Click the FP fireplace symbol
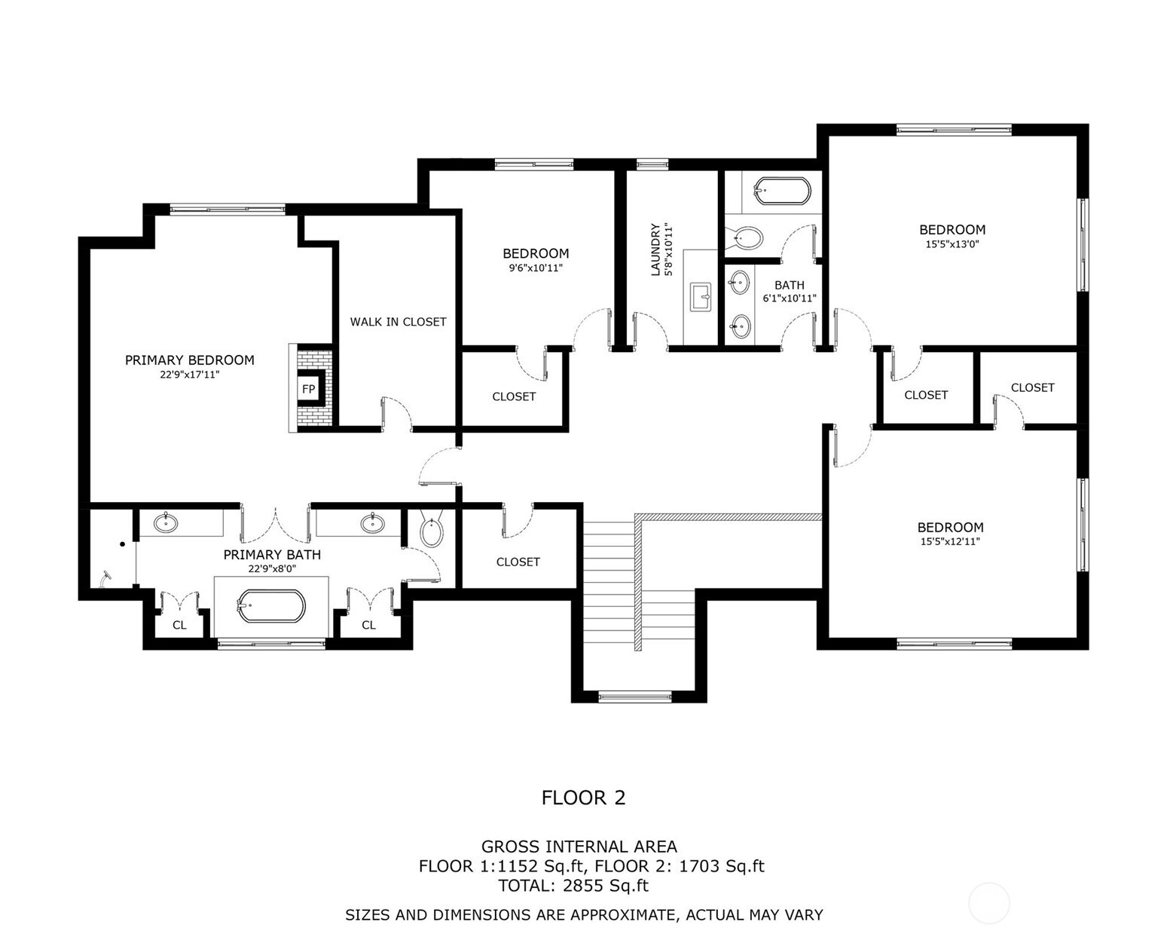tap(308, 389)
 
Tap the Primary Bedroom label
tap(189, 360)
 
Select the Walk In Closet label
tap(398, 322)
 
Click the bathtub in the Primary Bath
tap(271, 606)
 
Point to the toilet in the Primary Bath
tap(431, 531)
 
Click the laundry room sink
tap(701, 296)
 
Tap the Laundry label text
tap(655, 250)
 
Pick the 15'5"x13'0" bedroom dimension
tap(952, 244)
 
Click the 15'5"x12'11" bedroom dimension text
tap(949, 541)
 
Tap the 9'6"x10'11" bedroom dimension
tap(536, 268)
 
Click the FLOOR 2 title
tap(583, 798)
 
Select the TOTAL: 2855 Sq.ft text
tap(573, 886)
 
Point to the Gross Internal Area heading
tap(579, 847)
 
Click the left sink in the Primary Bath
tap(166, 522)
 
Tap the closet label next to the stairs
tap(518, 562)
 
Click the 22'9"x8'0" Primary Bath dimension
tap(272, 569)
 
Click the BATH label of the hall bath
tap(789, 285)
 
